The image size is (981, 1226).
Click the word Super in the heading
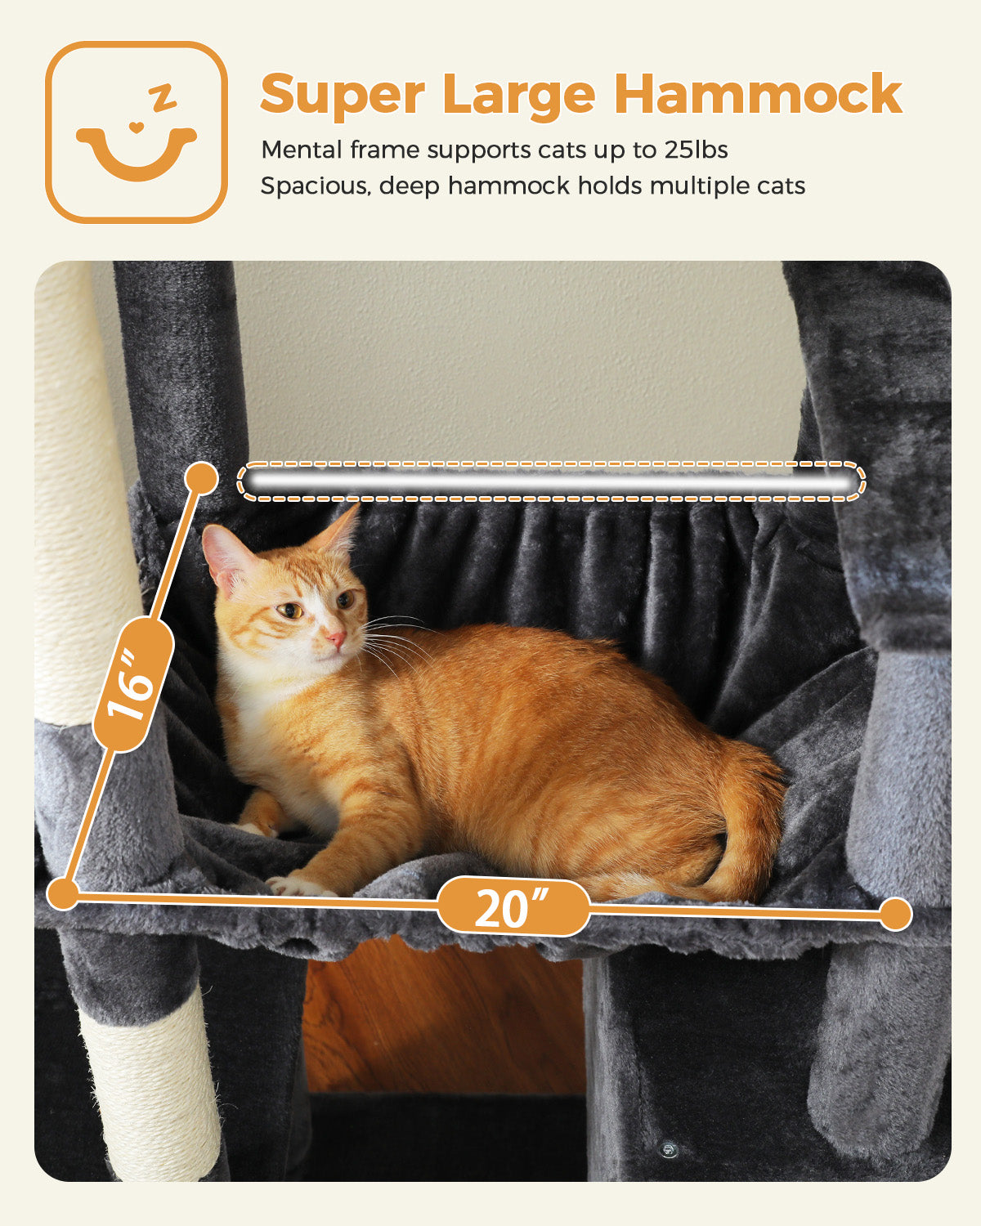343,95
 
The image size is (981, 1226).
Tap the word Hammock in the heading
758,93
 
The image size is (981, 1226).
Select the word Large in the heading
519,95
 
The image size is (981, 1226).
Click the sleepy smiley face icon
137,132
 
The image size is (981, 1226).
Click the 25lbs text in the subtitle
697,150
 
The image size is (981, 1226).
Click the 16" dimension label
132,686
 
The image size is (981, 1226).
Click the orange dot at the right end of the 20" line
895,915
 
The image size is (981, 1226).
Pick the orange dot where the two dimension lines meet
63,894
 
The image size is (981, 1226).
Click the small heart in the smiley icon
135,127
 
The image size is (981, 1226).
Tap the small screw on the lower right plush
668,1150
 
